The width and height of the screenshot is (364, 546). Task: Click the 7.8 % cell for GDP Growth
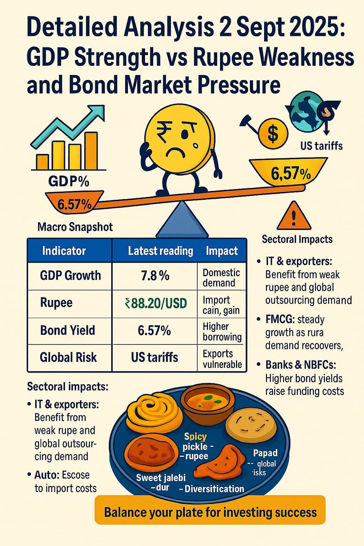[x=155, y=276]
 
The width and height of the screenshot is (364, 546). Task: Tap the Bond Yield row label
[x=68, y=330]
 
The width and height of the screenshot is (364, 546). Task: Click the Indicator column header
[x=64, y=251]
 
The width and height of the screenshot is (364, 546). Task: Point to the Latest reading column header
[x=160, y=251]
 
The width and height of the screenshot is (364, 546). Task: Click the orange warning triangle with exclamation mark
[x=294, y=216]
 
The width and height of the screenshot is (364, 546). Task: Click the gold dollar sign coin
[x=273, y=134]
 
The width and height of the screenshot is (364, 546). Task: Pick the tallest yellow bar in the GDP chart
[x=91, y=151]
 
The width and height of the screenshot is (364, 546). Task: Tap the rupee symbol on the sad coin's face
[x=164, y=128]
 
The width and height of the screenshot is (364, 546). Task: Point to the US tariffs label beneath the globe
[x=321, y=146]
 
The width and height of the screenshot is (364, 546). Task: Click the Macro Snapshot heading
[x=75, y=227]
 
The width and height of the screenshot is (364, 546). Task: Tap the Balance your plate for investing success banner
[x=210, y=512]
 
